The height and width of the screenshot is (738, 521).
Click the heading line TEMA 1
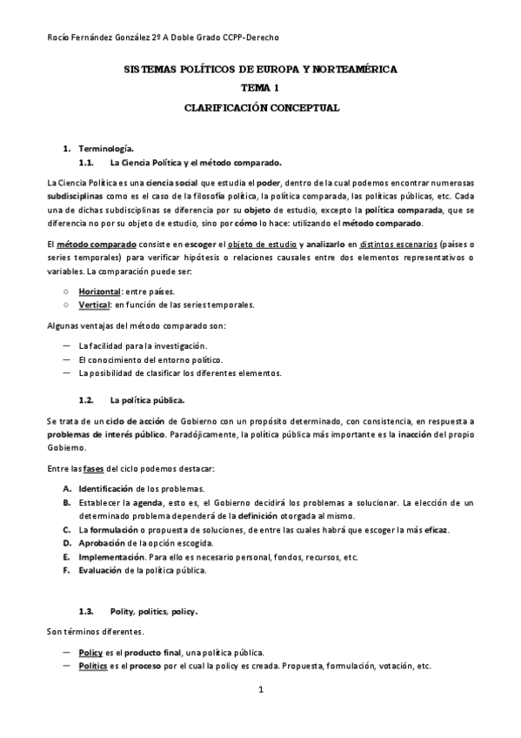pyautogui.click(x=260, y=88)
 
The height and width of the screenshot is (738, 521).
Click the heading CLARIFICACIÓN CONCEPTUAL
pyautogui.click(x=260, y=108)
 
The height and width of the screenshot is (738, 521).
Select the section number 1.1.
pyautogui.click(x=85, y=163)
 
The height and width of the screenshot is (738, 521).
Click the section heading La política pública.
pyautogui.click(x=147, y=400)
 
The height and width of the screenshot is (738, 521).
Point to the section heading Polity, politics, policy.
pyautogui.click(x=155, y=612)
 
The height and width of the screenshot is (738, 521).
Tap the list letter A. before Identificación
pyautogui.click(x=68, y=488)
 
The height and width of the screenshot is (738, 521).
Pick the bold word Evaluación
pyautogui.click(x=102, y=571)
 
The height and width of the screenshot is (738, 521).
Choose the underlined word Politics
pyautogui.click(x=93, y=666)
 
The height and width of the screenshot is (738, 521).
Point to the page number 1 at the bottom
pyautogui.click(x=260, y=691)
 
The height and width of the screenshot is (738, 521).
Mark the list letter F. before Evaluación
pyautogui.click(x=68, y=571)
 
